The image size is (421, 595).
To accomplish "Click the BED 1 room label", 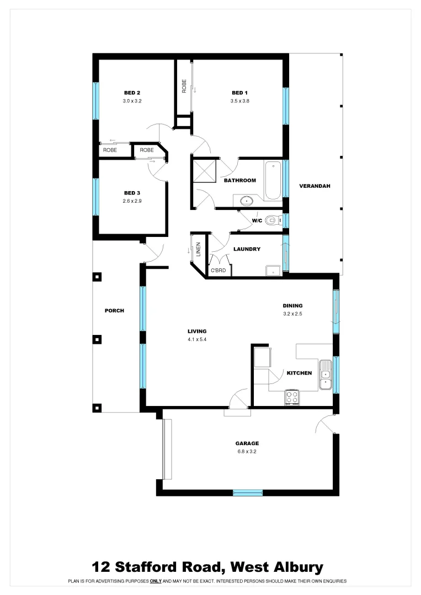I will (x=239, y=93).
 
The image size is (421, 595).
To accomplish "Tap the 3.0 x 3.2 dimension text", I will (x=132, y=101).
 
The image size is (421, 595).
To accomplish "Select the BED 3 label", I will (x=132, y=193).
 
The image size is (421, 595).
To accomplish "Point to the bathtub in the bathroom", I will (x=273, y=181).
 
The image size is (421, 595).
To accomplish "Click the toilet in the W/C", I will (x=271, y=220).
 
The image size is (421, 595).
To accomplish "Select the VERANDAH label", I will (x=315, y=186).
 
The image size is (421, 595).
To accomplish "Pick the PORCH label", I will (x=114, y=311).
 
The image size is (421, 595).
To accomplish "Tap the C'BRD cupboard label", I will (x=219, y=271).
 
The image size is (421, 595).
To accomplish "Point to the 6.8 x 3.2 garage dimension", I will (x=247, y=452).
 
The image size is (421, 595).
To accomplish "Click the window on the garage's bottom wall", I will (x=247, y=493).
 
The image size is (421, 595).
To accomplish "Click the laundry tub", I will (x=273, y=270).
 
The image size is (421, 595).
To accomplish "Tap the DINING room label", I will (x=292, y=306).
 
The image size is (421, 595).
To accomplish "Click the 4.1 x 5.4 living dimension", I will (x=197, y=340).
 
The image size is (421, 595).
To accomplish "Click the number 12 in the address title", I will (x=101, y=567).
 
